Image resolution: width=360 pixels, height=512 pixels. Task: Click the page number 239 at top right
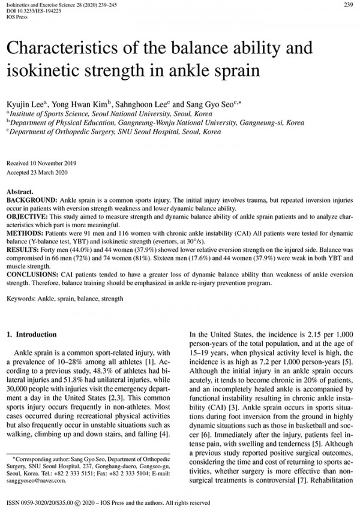pyautogui.click(x=347, y=5)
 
